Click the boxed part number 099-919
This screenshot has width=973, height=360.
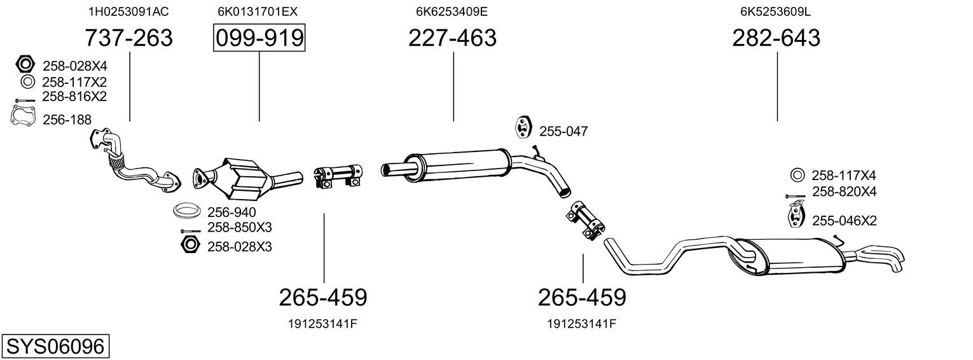[259, 38]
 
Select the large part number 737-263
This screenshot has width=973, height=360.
[128, 38]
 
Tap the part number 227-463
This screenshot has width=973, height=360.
[452, 38]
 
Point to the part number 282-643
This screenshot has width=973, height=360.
[776, 38]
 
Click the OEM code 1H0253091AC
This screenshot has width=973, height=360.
[128, 11]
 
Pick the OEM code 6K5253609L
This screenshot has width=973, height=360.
[775, 11]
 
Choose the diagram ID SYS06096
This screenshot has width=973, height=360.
[55, 347]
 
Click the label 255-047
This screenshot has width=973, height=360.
[563, 131]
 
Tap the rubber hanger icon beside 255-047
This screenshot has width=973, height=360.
[523, 127]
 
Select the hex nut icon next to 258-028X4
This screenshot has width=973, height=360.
[25, 64]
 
